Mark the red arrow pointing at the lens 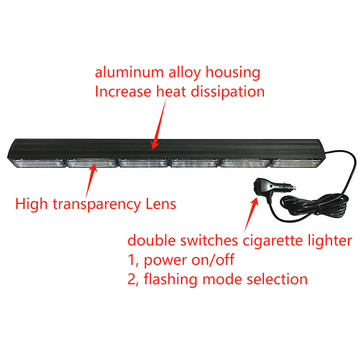coord(90,178)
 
